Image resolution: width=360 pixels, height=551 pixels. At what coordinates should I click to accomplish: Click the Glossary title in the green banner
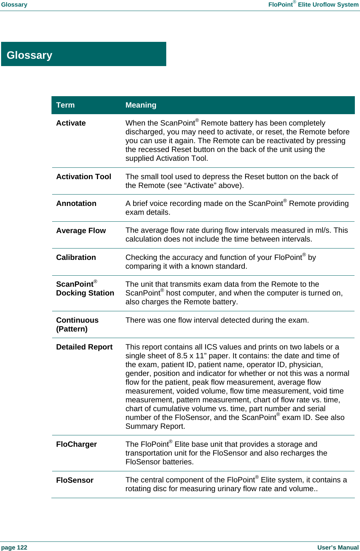click(x=29, y=55)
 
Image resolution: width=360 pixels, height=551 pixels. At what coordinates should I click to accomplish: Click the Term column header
click(x=65, y=105)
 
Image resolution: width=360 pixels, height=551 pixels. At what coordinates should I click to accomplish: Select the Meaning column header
click(x=141, y=105)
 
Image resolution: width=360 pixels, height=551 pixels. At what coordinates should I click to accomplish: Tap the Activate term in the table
click(x=71, y=123)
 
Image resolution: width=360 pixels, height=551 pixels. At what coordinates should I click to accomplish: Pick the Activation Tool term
click(x=84, y=177)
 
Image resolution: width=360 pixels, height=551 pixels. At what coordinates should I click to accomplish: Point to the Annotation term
click(x=76, y=203)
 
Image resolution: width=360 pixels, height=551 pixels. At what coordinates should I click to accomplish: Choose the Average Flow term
click(x=81, y=231)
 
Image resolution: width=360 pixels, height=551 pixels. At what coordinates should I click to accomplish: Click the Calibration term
click(x=76, y=257)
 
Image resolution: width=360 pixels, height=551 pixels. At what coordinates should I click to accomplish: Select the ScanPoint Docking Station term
click(x=85, y=289)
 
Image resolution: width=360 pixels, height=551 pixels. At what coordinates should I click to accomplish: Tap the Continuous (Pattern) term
click(x=77, y=325)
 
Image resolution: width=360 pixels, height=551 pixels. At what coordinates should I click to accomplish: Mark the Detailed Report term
click(x=84, y=347)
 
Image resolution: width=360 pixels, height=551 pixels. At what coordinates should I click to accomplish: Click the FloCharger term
click(x=76, y=444)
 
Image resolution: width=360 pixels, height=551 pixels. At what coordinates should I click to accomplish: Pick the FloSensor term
click(x=75, y=480)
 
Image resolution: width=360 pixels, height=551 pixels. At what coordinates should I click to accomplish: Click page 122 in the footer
click(x=14, y=547)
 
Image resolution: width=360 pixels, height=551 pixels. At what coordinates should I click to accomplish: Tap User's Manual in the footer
click(x=338, y=547)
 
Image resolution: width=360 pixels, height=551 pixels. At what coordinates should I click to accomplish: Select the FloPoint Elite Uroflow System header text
click(x=313, y=4)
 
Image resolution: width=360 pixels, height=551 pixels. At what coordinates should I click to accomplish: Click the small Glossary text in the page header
click(x=14, y=4)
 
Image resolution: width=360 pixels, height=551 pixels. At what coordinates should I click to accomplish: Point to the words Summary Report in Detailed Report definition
click(x=155, y=426)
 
